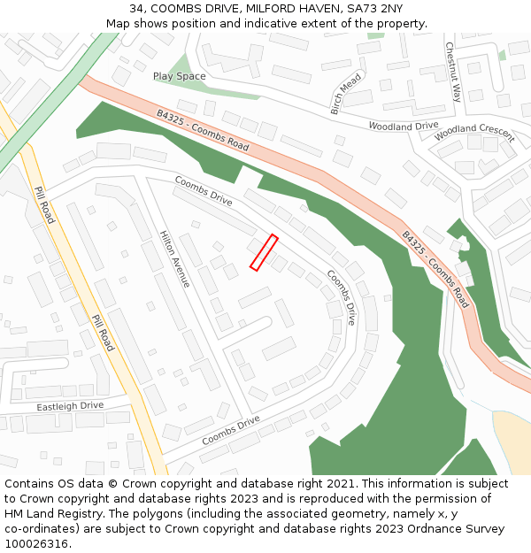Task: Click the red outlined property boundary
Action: (264, 252)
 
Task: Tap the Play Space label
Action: (179, 77)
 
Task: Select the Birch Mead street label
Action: (346, 94)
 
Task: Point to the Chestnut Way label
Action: (453, 72)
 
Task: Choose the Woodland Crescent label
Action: (474, 133)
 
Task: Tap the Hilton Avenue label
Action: (174, 259)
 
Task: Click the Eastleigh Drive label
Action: (70, 406)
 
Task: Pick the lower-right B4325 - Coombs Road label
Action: (435, 269)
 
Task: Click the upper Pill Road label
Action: (44, 205)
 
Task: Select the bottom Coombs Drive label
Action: (230, 430)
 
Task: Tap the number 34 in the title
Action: (136, 9)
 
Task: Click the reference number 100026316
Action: (37, 544)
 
